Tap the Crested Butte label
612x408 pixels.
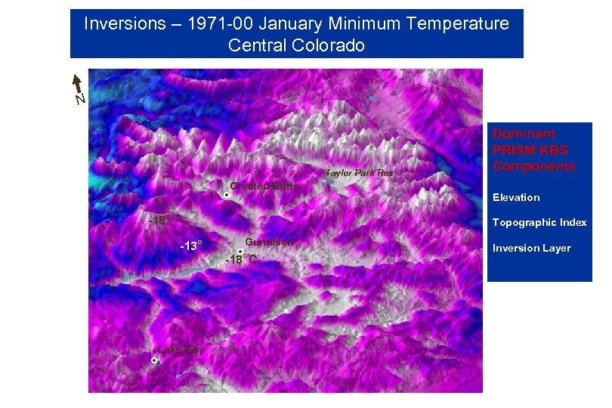pos(265,186)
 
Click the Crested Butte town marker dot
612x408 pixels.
pos(227,195)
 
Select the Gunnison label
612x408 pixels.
pos(269,242)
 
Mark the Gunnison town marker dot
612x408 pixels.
pos(240,252)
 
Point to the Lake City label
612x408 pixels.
pos(181,350)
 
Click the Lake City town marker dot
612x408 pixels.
pos(154,361)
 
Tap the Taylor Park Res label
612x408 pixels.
pos(359,173)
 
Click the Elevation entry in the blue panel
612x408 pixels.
pos(516,197)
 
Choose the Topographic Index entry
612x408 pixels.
pos(539,223)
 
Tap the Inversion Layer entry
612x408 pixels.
pos(532,248)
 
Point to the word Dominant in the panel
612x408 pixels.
pos(524,134)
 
